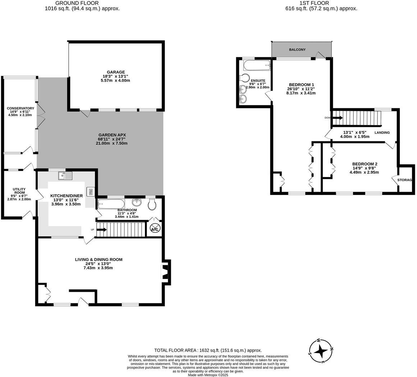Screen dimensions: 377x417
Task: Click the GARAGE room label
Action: point(116,72)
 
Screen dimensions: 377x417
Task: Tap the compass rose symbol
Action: point(321,351)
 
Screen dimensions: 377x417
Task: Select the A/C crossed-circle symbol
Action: point(155,229)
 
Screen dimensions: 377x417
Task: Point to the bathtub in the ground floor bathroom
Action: point(111,204)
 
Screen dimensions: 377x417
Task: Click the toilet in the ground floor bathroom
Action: point(152,204)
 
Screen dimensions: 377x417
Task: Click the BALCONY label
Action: point(297,50)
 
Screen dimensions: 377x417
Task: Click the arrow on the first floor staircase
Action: point(337,117)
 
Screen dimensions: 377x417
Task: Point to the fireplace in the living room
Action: point(165,272)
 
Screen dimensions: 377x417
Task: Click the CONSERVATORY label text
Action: point(20,108)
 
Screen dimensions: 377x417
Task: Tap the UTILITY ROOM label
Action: point(19,191)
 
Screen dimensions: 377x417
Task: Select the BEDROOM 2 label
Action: point(365,164)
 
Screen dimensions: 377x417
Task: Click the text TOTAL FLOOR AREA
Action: point(175,350)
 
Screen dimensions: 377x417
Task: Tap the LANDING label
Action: point(382,132)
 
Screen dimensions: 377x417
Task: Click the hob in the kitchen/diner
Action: point(90,191)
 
